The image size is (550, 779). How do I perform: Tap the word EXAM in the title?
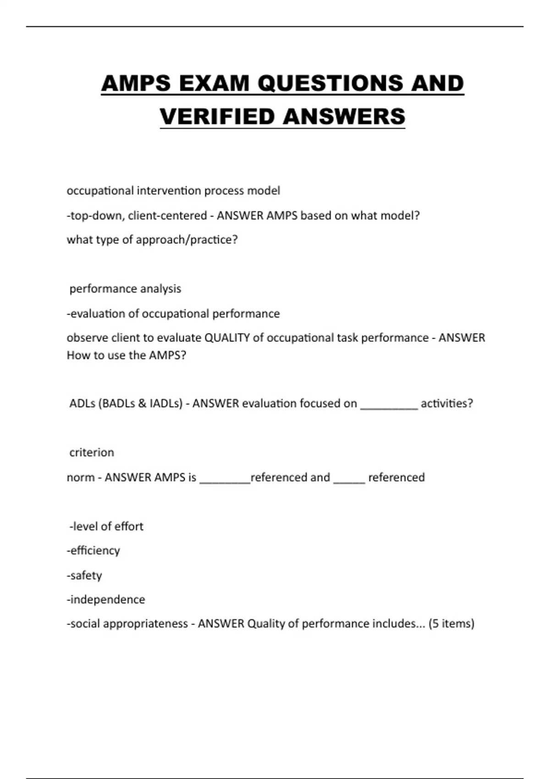214,83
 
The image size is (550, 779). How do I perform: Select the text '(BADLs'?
116,403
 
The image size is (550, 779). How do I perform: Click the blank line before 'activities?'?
389,406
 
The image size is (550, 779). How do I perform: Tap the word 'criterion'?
92,452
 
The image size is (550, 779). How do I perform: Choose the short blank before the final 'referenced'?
349,480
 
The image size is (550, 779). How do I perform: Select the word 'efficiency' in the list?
95,550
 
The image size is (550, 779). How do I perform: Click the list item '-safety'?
84,575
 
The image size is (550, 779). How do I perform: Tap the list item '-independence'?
106,599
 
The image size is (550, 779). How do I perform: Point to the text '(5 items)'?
451,624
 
